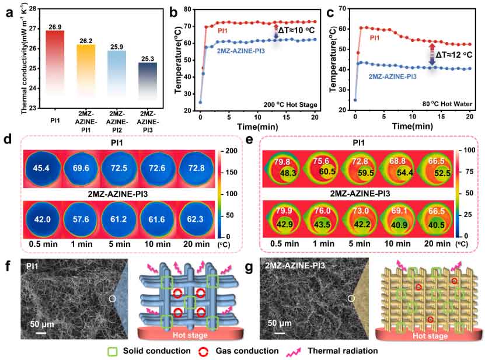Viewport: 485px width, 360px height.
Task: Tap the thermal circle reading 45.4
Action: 44,170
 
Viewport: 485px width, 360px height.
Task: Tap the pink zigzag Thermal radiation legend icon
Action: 350,351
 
